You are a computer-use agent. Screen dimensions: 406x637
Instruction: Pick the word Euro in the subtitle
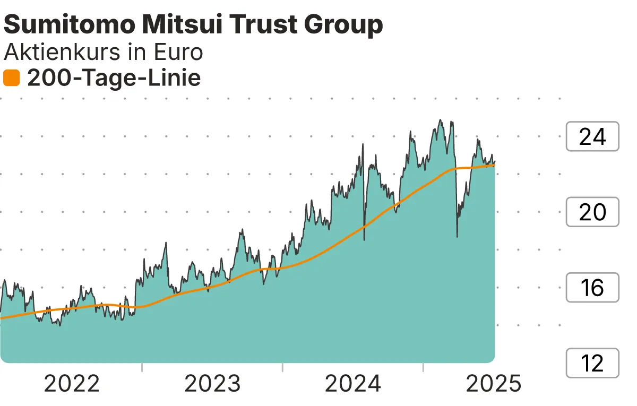178,53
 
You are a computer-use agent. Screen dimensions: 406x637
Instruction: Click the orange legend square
11,79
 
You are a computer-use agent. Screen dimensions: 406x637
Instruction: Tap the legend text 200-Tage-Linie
114,79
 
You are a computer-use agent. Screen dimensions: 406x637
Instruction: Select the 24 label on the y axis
592,137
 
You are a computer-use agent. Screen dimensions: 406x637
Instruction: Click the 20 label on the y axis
592,212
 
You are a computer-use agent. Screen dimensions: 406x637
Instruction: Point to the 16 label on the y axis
592,288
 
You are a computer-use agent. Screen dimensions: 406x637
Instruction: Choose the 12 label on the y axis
592,364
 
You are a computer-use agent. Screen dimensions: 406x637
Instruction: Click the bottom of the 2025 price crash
457,236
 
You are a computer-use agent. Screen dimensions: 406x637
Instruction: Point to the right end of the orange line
494,165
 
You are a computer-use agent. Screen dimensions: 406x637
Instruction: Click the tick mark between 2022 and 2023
142,367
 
